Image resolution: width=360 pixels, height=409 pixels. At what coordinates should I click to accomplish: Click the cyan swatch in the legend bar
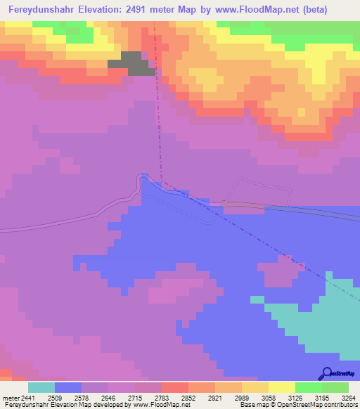(41, 387)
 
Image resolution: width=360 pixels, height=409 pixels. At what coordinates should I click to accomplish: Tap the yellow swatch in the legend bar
(281, 387)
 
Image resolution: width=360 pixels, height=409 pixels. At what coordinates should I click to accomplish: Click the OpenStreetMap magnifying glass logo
(326, 372)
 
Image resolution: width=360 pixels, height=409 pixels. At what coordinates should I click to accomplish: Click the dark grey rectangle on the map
(131, 63)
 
